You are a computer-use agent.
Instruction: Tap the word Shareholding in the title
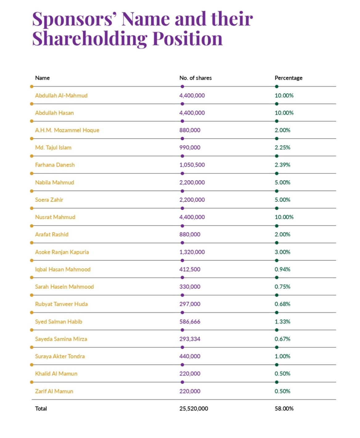pyautogui.click(x=90, y=39)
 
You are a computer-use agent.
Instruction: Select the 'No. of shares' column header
pyautogui.click(x=195, y=78)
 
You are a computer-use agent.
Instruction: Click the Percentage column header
pyautogui.click(x=288, y=78)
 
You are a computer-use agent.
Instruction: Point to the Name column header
pyautogui.click(x=43, y=78)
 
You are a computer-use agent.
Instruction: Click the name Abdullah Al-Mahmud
pyautogui.click(x=61, y=95)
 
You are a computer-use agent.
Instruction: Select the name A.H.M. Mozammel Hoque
pyautogui.click(x=67, y=130)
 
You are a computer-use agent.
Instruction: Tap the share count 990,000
pyautogui.click(x=190, y=148)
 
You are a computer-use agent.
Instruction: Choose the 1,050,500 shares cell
pyautogui.click(x=192, y=165)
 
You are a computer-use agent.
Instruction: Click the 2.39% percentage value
pyautogui.click(x=282, y=165)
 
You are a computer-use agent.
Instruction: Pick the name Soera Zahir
pyautogui.click(x=49, y=200)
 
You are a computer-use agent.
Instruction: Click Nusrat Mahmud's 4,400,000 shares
pyautogui.click(x=192, y=217)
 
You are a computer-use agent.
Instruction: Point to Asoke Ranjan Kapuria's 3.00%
pyautogui.click(x=282, y=252)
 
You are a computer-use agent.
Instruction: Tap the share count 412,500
pyautogui.click(x=190, y=270)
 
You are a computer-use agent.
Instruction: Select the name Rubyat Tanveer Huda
pyautogui.click(x=61, y=304)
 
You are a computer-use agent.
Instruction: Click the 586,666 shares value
pyautogui.click(x=190, y=322)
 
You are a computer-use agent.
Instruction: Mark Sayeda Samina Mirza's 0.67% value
pyautogui.click(x=282, y=339)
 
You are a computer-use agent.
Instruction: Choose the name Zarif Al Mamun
pyautogui.click(x=54, y=391)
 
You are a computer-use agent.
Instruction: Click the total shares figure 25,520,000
pyautogui.click(x=194, y=408)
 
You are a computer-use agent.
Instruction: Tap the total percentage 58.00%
pyautogui.click(x=284, y=408)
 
